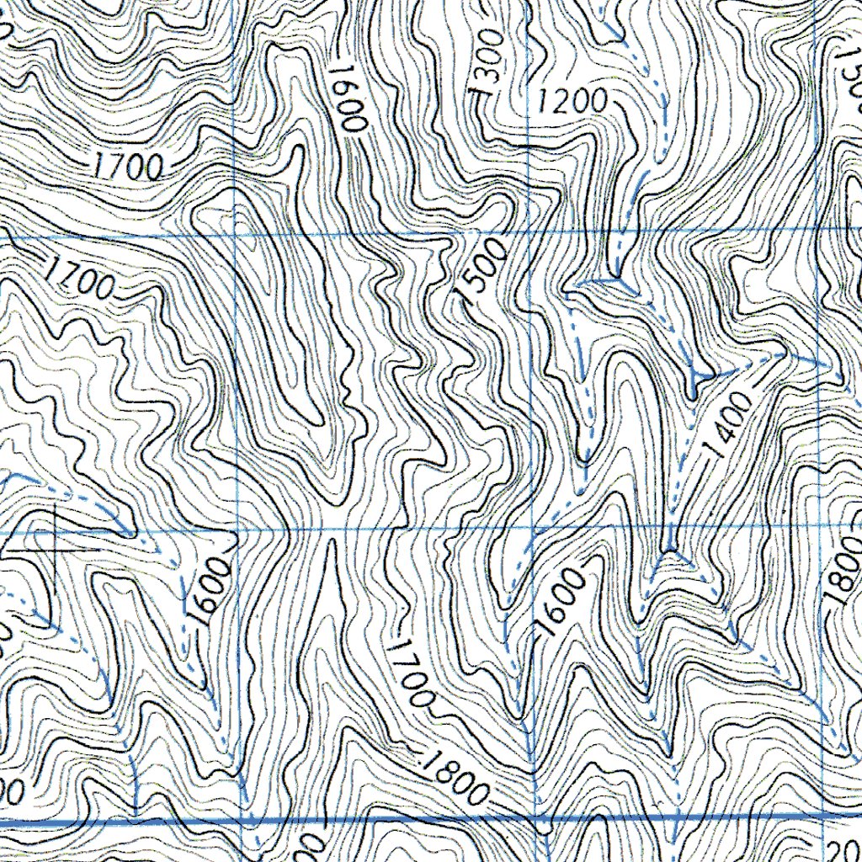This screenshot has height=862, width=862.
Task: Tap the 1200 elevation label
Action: (572, 102)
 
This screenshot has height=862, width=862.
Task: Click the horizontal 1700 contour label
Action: (127, 168)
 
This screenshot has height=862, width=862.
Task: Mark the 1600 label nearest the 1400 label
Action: (561, 601)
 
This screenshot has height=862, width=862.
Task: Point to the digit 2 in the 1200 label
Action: (561, 102)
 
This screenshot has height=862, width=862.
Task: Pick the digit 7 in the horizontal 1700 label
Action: (117, 167)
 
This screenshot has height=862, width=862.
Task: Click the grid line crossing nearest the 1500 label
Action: (528, 229)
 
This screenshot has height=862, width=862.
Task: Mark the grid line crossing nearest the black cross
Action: (237, 529)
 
